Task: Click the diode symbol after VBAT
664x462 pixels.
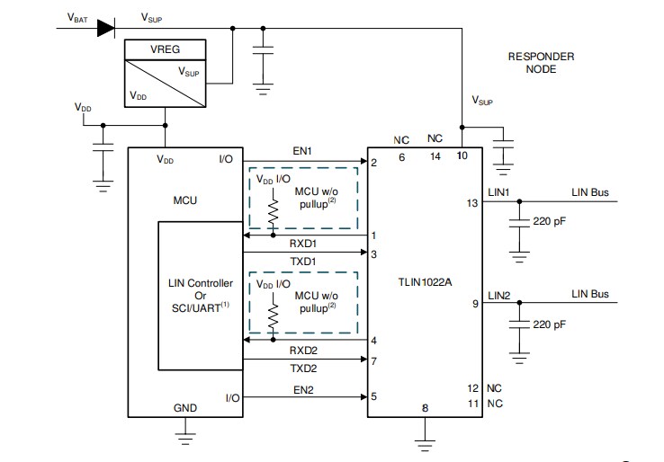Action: (104, 27)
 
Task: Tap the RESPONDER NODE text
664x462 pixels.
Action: (541, 62)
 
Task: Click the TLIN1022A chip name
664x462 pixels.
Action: (424, 280)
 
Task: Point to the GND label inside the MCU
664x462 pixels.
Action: (184, 407)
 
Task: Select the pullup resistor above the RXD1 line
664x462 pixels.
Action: (271, 212)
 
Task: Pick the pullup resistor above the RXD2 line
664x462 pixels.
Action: (271, 315)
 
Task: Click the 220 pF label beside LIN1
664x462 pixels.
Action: (550, 221)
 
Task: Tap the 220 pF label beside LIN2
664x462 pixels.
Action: (550, 323)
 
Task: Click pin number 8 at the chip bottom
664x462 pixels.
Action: (424, 407)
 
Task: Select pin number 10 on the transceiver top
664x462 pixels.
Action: (462, 156)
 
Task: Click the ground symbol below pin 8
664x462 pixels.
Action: (424, 440)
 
